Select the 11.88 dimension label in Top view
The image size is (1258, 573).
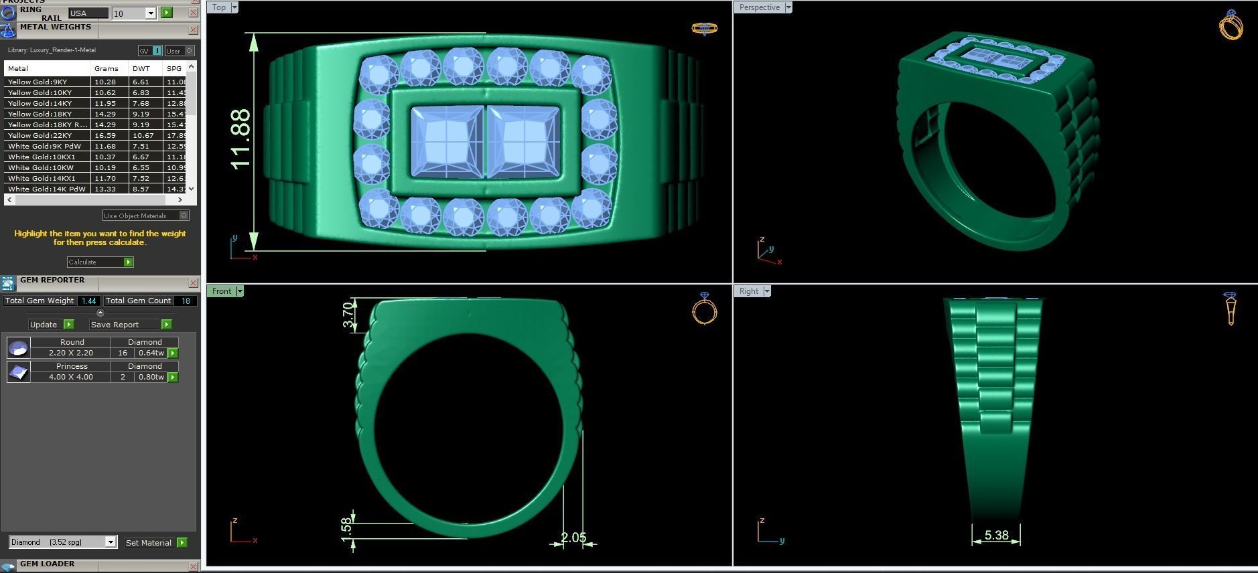point(240,139)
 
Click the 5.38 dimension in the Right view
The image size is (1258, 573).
point(996,536)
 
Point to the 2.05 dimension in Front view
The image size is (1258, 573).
point(573,538)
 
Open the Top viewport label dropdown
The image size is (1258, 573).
point(234,7)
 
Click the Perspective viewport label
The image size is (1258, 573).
point(759,7)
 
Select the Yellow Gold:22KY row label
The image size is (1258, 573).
point(40,135)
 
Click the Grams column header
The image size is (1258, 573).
point(107,68)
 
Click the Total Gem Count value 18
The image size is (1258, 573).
point(186,301)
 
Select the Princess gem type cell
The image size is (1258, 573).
point(72,366)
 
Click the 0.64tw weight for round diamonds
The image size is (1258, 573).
point(151,353)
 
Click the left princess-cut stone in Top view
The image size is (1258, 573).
point(447,142)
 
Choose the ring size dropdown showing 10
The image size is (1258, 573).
point(151,13)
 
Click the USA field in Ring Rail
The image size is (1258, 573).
point(88,13)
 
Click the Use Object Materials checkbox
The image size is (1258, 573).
point(184,216)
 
